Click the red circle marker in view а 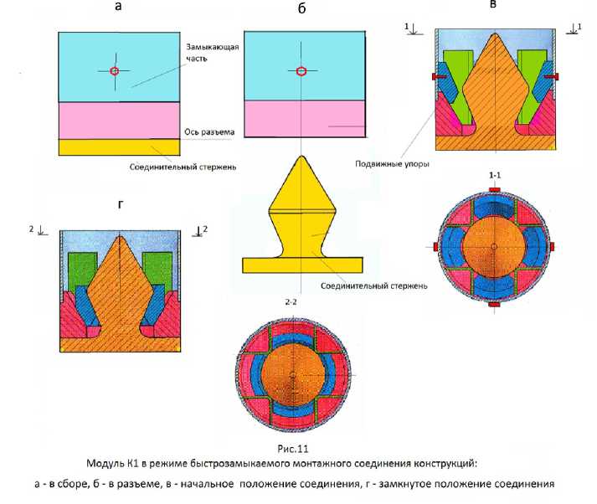[115, 70]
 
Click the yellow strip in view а [119, 147]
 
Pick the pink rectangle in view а [119, 121]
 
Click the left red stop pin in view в [438, 77]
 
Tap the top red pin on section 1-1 [495, 190]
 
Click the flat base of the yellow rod [301, 265]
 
